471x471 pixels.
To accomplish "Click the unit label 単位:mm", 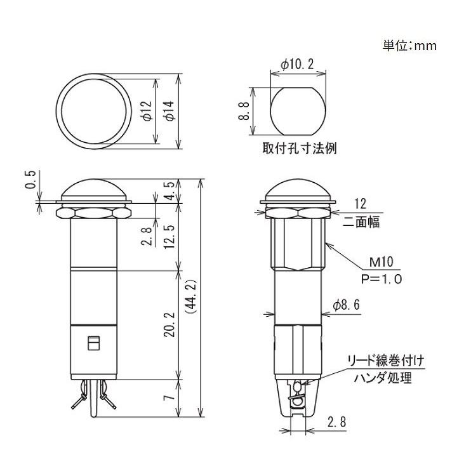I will click(x=409, y=46).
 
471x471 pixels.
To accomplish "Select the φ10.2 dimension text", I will click(x=297, y=65).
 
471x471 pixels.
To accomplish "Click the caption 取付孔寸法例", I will click(x=298, y=149).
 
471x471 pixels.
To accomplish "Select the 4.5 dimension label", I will click(x=169, y=191).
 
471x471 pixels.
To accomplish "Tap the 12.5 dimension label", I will click(x=169, y=237).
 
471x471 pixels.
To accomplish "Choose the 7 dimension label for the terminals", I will click(x=169, y=398).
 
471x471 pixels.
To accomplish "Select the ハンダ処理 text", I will click(x=382, y=378).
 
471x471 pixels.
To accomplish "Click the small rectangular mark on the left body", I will click(x=93, y=343).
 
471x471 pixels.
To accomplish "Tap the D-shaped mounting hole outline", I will click(x=297, y=110).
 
